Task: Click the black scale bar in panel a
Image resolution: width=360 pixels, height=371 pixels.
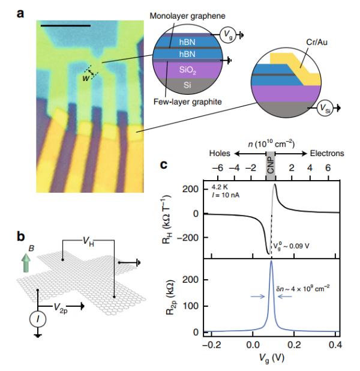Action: click(65, 26)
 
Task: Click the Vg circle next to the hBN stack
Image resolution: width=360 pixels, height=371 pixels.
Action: click(228, 35)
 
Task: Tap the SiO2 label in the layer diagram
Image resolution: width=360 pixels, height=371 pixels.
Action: click(187, 70)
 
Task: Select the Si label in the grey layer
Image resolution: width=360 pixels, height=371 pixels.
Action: click(187, 85)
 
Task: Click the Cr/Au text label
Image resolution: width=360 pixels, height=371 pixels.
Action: click(317, 42)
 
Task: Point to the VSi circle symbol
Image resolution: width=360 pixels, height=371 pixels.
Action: click(325, 108)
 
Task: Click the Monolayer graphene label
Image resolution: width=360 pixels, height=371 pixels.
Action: click(187, 16)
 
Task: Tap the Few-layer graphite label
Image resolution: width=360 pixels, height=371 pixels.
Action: click(188, 101)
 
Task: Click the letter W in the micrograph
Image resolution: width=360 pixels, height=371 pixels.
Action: click(86, 78)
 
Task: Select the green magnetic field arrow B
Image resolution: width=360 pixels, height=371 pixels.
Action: click(26, 262)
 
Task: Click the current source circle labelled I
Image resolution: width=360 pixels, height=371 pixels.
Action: click(38, 319)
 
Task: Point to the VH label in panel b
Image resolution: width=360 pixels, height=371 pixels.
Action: click(88, 241)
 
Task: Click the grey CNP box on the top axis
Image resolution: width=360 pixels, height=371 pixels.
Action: click(271, 165)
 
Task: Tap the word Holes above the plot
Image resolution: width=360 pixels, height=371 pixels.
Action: click(220, 153)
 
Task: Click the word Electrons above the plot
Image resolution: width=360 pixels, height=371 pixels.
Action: click(327, 153)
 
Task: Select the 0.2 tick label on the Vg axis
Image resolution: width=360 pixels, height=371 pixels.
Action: click(294, 345)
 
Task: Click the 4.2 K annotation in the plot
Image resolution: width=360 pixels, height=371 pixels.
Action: click(220, 187)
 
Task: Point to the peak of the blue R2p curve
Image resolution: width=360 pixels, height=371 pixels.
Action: click(271, 261)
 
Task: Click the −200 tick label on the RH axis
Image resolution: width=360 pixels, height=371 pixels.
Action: click(188, 237)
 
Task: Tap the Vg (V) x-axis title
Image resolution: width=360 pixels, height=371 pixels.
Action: click(271, 358)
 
